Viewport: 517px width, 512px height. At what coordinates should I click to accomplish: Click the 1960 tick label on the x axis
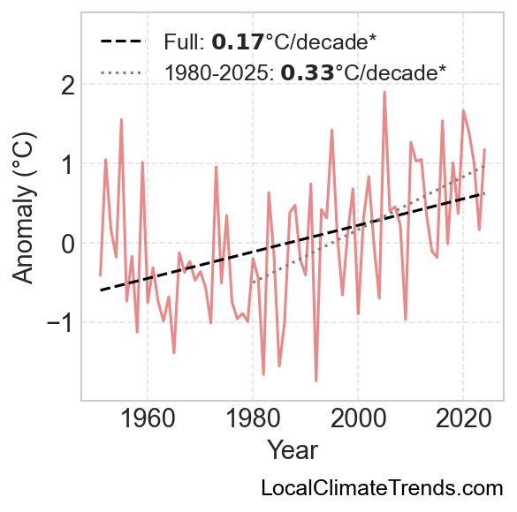point(148,418)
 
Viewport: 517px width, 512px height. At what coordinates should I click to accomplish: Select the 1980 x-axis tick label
point(253,418)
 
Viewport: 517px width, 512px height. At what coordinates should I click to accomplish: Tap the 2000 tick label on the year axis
point(358,418)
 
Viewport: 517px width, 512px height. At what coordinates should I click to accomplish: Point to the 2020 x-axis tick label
point(463,418)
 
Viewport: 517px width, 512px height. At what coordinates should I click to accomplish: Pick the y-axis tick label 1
point(69,163)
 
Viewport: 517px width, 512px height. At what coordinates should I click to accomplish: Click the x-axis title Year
point(293,450)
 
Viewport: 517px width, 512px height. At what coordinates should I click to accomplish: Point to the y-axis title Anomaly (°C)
point(23,207)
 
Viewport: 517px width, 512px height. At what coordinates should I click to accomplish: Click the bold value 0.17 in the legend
point(238,42)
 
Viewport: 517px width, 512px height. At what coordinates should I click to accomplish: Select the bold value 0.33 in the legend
point(308,72)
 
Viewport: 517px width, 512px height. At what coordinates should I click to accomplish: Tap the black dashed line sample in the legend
point(123,41)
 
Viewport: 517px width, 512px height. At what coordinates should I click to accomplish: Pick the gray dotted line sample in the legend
point(123,72)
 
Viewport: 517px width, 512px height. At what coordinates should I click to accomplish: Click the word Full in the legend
point(184,42)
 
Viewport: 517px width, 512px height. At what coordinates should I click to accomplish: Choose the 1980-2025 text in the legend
point(219,72)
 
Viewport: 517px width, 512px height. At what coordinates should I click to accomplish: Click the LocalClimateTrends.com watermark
point(382,488)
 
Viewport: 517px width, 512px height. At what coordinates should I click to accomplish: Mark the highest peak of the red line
point(384,92)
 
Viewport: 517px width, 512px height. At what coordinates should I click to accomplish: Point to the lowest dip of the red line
point(316,381)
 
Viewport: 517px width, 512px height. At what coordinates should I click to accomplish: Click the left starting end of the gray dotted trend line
point(253,282)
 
